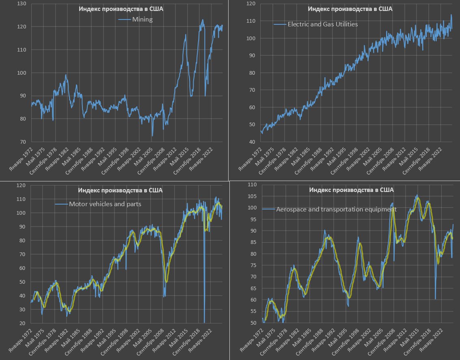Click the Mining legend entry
click(142, 19)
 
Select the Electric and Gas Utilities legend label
click(322, 24)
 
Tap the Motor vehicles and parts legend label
click(105, 204)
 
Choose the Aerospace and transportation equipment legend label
click(336, 209)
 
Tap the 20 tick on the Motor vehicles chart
click(22, 323)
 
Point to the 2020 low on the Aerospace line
click(435, 298)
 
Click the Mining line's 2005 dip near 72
click(152, 136)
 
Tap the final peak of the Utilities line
click(451, 15)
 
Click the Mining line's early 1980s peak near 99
click(66, 75)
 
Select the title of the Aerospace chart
click(351, 190)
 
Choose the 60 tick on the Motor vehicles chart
click(22, 268)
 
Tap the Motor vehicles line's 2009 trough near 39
click(164, 296)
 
